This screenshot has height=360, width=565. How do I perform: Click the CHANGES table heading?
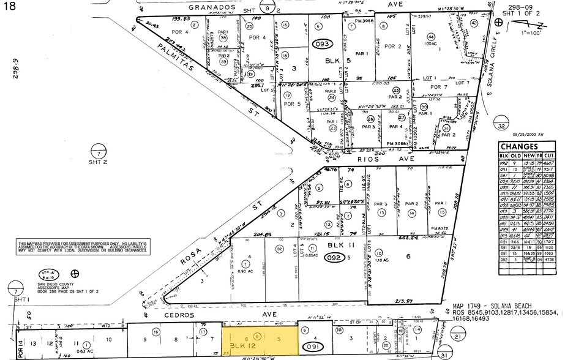coord(518,146)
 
